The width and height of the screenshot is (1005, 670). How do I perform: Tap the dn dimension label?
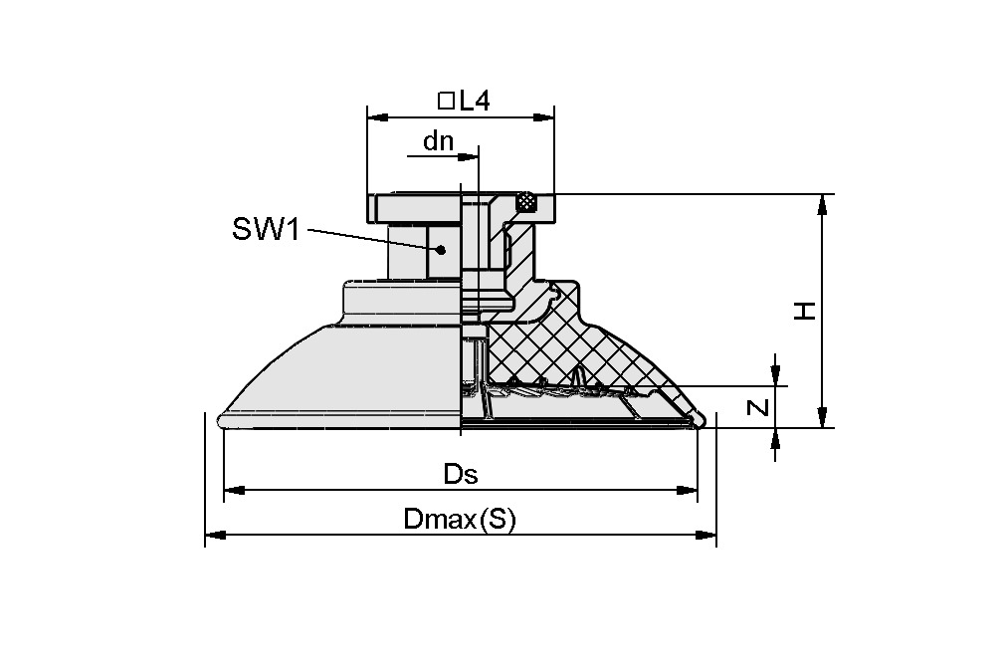(x=438, y=141)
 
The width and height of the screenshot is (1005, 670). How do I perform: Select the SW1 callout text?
(x=266, y=230)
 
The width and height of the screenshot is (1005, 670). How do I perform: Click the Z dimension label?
(x=758, y=407)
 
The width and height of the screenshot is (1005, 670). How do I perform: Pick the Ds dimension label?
(x=460, y=475)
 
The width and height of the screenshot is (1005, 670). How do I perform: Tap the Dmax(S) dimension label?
(x=460, y=520)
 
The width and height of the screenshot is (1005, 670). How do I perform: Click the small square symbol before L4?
(x=446, y=101)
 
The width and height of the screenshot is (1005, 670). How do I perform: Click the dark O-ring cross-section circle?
(x=526, y=202)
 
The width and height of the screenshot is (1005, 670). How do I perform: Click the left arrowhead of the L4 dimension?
(x=376, y=117)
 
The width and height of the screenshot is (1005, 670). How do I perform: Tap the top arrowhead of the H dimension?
(x=822, y=204)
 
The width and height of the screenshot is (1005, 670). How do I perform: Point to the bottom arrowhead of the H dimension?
(x=822, y=417)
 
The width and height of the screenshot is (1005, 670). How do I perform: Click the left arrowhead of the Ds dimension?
(x=233, y=490)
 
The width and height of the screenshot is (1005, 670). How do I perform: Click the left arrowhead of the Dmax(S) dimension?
(x=214, y=536)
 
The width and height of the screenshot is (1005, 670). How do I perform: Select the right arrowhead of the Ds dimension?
(x=687, y=490)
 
